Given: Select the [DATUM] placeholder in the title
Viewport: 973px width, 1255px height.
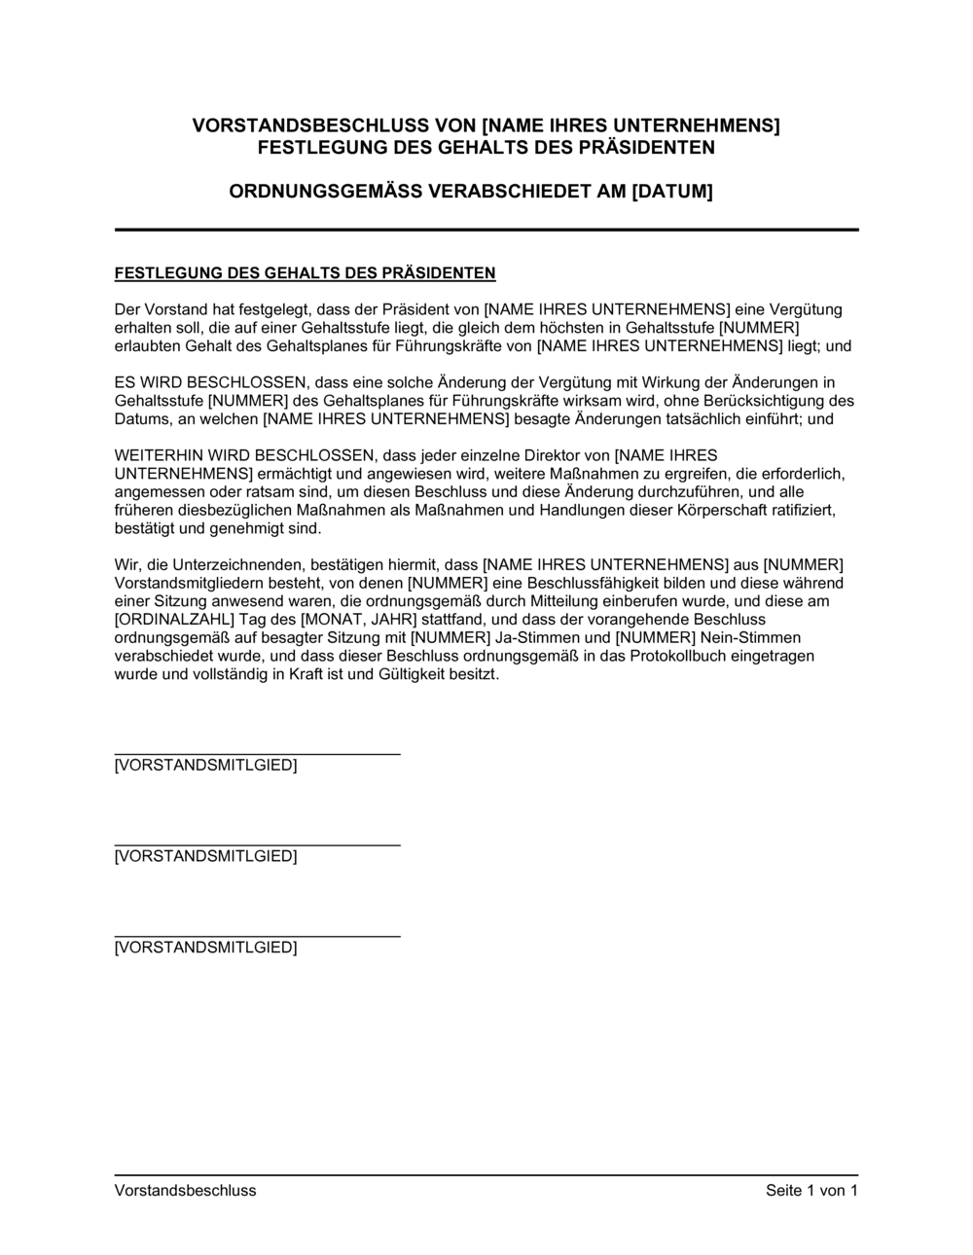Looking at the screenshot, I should (x=672, y=192).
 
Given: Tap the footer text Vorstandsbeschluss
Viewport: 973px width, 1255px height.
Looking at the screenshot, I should (x=185, y=1191).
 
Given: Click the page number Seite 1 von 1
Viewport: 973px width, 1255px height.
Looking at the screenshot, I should (x=811, y=1191).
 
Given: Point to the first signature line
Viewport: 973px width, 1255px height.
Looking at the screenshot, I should (x=257, y=754).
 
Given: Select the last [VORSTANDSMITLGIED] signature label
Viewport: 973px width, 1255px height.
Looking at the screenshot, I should (x=205, y=948).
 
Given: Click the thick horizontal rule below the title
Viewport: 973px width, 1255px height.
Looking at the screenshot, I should (x=486, y=230).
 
